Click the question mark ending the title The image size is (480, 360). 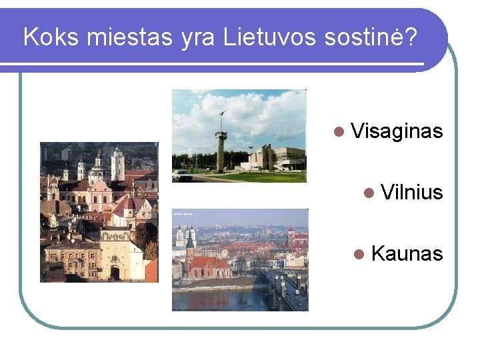(410, 37)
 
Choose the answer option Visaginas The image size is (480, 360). (396, 131)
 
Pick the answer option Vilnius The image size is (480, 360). (411, 193)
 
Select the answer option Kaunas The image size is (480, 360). (406, 253)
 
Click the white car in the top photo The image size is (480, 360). (182, 175)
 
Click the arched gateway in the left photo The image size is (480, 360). (115, 271)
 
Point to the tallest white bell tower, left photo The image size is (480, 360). (117, 163)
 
